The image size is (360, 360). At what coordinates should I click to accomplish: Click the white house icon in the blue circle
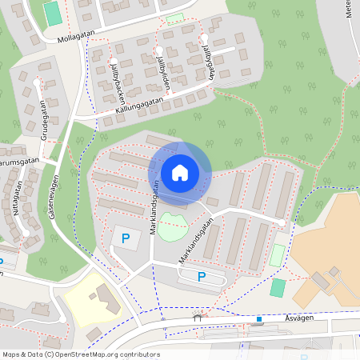coord(180,172)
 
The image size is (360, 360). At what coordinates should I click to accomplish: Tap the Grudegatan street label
coord(44,120)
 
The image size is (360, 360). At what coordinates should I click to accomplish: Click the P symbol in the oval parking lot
coord(202,277)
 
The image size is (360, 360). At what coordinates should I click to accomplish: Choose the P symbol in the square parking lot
coord(125,238)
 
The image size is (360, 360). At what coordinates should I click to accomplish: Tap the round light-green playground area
coord(172,226)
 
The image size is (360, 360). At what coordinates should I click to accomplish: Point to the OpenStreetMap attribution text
coord(81,354)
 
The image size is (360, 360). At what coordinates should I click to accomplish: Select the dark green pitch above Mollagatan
coord(52,13)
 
